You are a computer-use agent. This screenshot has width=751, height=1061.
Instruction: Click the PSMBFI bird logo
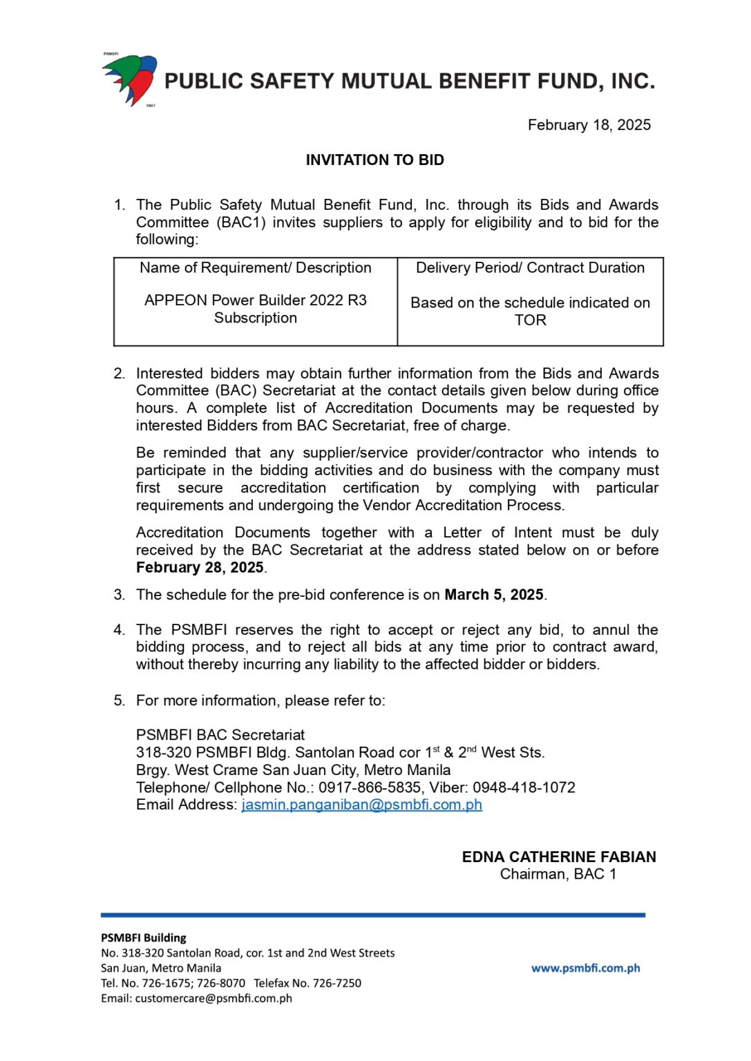(x=131, y=79)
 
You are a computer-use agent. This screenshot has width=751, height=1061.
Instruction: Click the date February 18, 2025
(x=589, y=125)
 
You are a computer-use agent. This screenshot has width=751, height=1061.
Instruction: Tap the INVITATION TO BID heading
(x=374, y=160)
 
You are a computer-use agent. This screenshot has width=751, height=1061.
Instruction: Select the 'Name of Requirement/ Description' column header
(x=255, y=268)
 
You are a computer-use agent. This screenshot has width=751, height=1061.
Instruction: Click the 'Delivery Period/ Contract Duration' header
(x=530, y=268)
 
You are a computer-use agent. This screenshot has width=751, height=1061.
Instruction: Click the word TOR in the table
(x=530, y=321)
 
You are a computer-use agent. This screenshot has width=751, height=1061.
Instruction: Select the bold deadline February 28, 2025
(x=200, y=568)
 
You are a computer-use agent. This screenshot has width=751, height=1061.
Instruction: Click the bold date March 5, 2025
(x=493, y=595)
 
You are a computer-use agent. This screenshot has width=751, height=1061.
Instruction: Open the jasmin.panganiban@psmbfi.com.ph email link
(x=361, y=805)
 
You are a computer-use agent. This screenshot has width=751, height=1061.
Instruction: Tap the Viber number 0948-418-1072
(x=524, y=787)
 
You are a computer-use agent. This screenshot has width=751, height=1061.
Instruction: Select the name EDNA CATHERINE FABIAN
(x=558, y=857)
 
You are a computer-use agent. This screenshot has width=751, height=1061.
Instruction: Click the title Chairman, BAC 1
(x=558, y=874)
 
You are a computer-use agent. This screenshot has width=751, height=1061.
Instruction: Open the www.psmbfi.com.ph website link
(x=585, y=968)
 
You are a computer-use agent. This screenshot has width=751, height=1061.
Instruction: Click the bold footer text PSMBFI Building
(x=144, y=938)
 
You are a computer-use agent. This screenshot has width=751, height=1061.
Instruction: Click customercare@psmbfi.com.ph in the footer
(x=213, y=998)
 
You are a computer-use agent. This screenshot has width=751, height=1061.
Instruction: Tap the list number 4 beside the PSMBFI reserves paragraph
(x=119, y=630)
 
